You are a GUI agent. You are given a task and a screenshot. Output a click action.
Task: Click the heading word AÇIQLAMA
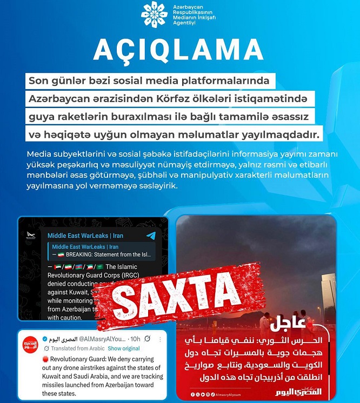coord(178,50)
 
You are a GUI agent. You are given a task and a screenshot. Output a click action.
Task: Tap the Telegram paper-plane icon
coord(151,236)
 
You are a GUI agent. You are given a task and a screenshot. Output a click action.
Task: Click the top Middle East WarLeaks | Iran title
coord(85,236)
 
